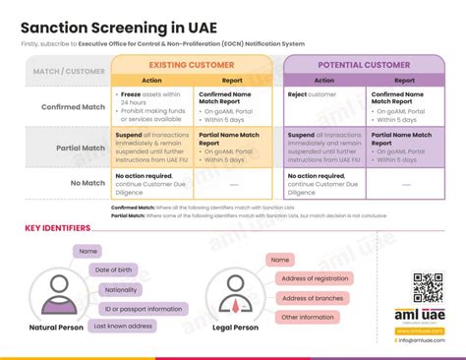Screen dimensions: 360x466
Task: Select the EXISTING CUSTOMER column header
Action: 191,65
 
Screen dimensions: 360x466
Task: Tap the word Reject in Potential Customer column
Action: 299,94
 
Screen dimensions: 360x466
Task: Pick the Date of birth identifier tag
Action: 114,270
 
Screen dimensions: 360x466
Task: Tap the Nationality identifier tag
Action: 121,289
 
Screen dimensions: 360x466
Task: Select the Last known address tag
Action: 123,326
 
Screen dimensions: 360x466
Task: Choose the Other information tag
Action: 309,317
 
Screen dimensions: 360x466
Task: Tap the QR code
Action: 428,288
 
